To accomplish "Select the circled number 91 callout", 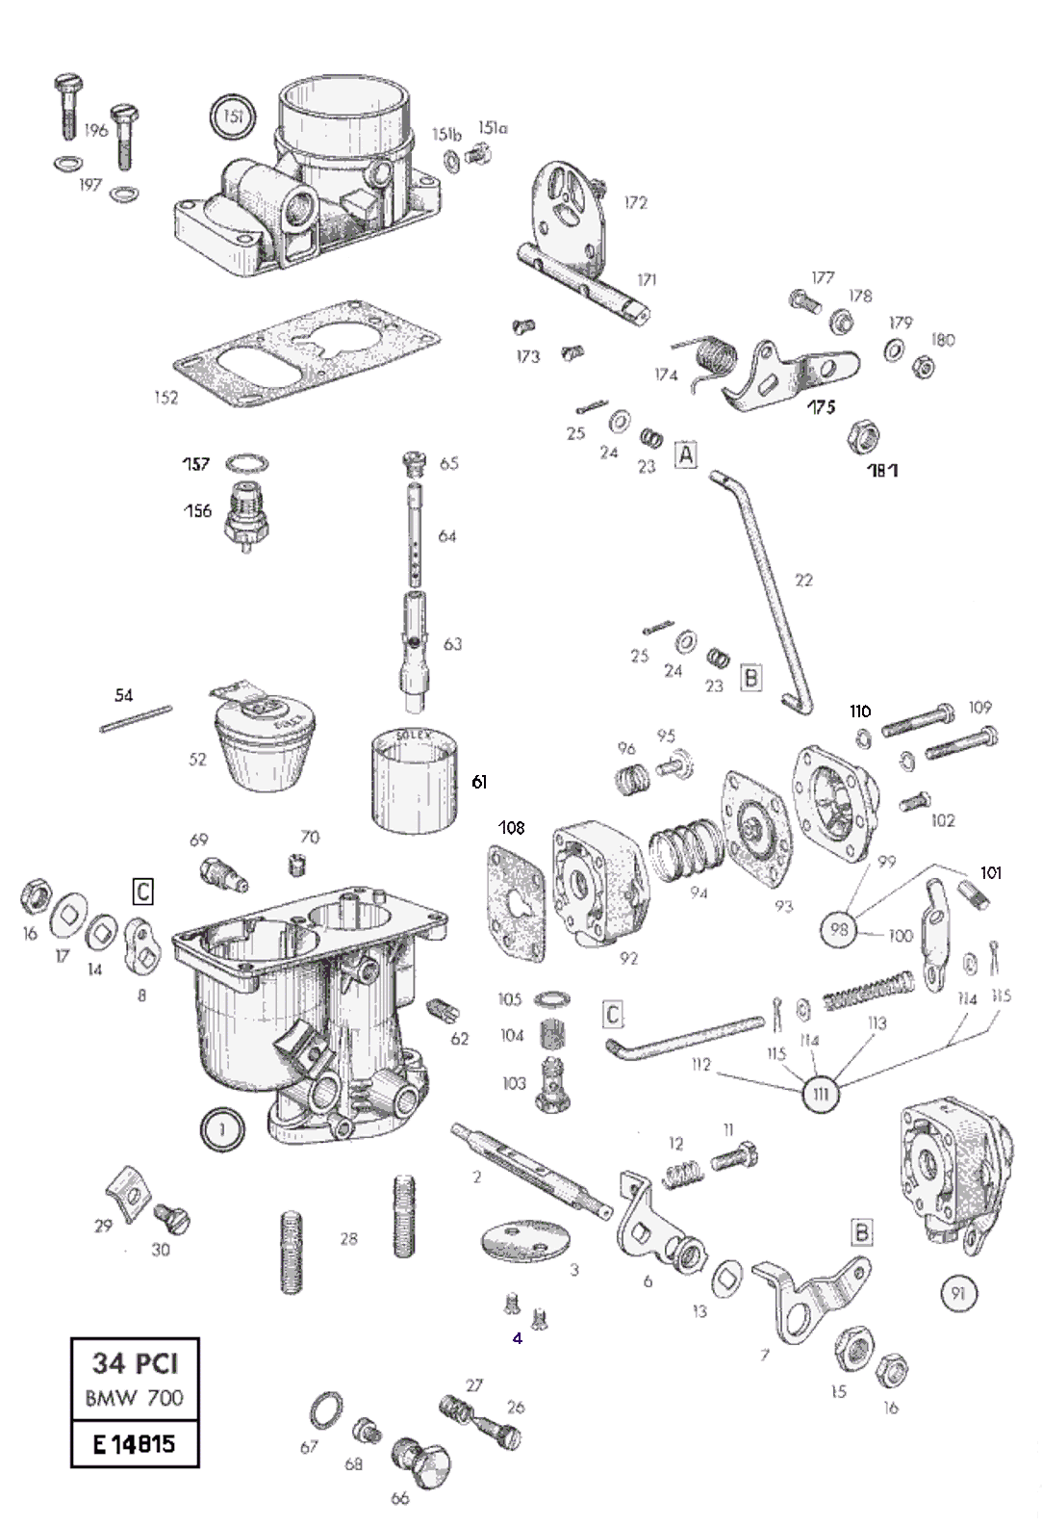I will pyautogui.click(x=957, y=1293).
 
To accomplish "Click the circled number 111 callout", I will pyautogui.click(x=821, y=1095).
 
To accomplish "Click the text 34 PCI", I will pyautogui.click(x=135, y=1363).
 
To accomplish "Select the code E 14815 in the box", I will pyautogui.click(x=135, y=1444).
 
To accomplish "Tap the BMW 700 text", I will pyautogui.click(x=135, y=1398).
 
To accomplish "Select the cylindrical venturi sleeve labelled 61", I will pyautogui.click(x=415, y=780).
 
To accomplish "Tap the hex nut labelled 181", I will pyautogui.click(x=863, y=438).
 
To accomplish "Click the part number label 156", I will pyautogui.click(x=198, y=511).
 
